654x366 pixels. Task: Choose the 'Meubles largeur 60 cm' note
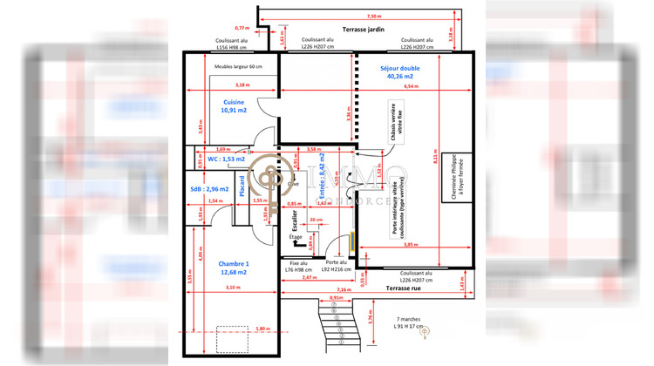236,67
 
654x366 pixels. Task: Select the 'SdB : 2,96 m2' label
209,188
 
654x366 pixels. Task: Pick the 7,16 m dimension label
343,288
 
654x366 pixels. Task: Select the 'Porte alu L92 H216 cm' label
337,266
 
